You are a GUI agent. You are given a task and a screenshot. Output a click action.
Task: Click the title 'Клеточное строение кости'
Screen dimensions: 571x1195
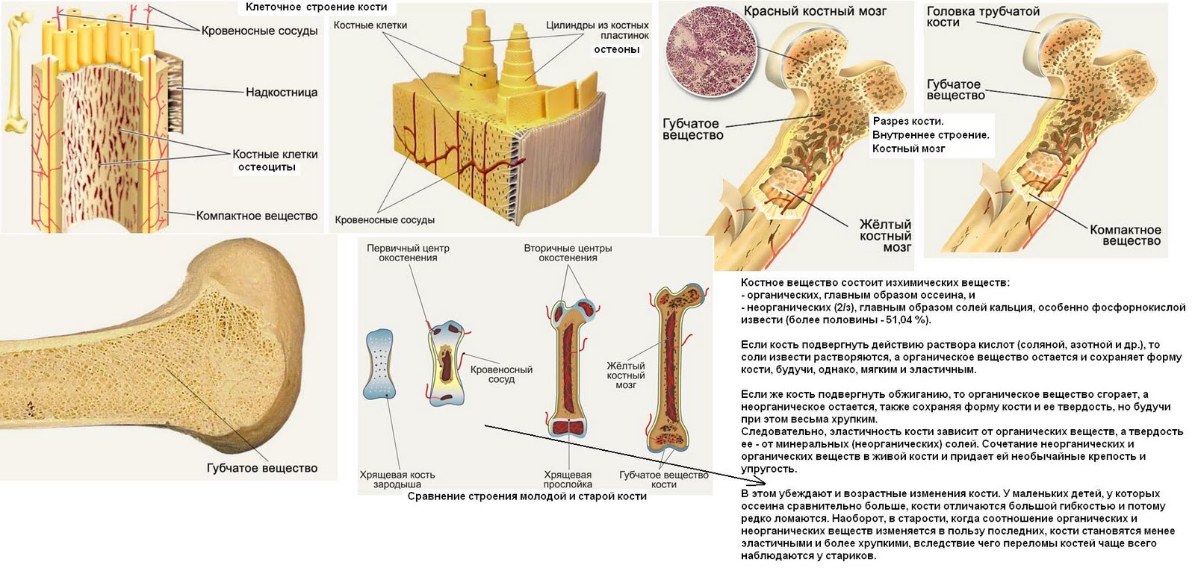(x=316, y=7)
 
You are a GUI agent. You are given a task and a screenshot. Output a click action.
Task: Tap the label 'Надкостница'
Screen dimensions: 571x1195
(x=282, y=93)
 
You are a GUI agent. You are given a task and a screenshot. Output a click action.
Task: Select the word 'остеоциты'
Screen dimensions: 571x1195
(x=267, y=167)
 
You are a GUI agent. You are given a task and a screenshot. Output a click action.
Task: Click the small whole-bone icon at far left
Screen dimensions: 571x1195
(x=14, y=71)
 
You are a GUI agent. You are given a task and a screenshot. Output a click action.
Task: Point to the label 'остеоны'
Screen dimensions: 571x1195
(x=616, y=50)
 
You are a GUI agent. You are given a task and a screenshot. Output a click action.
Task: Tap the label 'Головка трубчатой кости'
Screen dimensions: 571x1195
(x=972, y=17)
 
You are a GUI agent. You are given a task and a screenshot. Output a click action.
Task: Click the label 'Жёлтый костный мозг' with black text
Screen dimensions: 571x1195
(x=885, y=236)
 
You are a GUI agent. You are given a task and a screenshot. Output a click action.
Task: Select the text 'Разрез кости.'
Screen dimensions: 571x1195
(x=907, y=121)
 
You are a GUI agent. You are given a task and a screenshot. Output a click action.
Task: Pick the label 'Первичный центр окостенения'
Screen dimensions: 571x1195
(x=408, y=253)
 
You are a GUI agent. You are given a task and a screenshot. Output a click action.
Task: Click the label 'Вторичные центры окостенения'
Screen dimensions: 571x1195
(x=568, y=253)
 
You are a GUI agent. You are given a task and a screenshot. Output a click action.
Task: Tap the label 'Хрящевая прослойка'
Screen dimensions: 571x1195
(x=568, y=479)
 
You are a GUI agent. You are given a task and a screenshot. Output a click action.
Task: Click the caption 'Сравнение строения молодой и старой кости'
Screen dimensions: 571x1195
(x=527, y=496)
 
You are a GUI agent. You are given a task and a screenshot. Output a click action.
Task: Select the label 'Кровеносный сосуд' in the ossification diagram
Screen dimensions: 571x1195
(x=501, y=374)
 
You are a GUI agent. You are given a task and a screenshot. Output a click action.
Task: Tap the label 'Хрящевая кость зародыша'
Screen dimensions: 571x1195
(x=397, y=479)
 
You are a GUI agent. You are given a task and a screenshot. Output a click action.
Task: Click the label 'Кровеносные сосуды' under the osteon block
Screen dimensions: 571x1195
(x=385, y=220)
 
